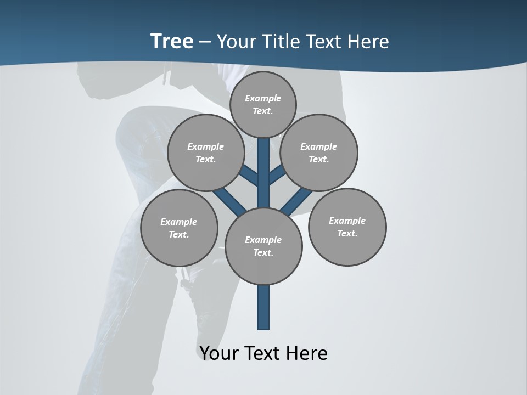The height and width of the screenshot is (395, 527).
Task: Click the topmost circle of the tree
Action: [x=263, y=104]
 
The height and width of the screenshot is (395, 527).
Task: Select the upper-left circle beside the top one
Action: [x=206, y=153]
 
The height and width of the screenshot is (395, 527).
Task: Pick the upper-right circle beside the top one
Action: [x=319, y=153]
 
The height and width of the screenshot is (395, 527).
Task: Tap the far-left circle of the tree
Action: [x=179, y=228]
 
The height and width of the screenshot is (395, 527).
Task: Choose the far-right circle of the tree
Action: [x=347, y=227]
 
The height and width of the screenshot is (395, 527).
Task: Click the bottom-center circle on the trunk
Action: [x=263, y=246]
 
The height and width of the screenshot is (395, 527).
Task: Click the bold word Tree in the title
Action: [x=172, y=41]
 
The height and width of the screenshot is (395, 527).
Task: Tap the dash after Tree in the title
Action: [x=205, y=42]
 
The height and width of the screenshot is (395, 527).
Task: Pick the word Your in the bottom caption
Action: [x=220, y=353]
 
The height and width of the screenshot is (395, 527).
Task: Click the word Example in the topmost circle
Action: [x=263, y=98]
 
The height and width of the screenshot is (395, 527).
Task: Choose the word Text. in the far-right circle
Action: [x=347, y=233]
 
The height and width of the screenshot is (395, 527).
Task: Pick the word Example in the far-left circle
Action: [x=179, y=222]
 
